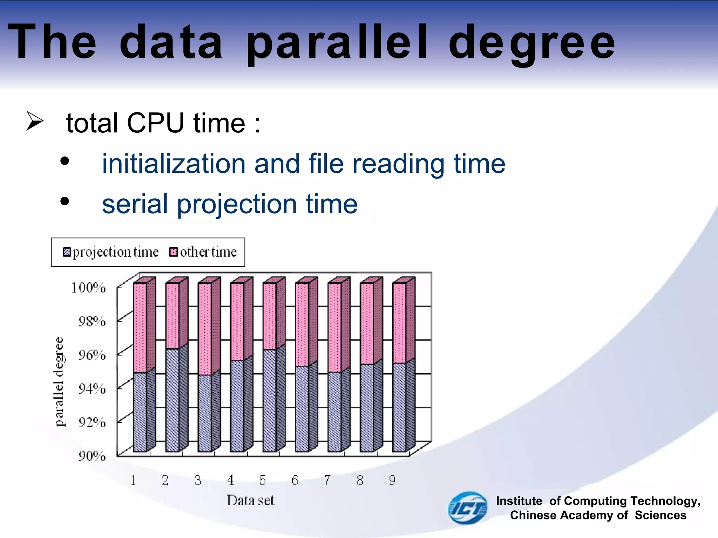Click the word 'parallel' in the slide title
tap(337, 43)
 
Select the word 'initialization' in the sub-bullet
tap(174, 164)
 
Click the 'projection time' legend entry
tap(111, 252)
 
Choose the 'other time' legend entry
tap(203, 252)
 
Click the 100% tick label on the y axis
tap(88, 288)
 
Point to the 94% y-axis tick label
tap(92, 388)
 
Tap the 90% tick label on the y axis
tap(92, 456)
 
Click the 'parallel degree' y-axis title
tap(60, 381)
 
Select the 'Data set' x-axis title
tap(250, 500)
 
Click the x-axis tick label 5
tap(263, 480)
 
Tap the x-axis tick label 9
tap(392, 480)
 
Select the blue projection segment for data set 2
tap(172, 399)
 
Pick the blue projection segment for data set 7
tap(334, 412)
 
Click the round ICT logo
tap(468, 508)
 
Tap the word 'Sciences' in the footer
tap(661, 515)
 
